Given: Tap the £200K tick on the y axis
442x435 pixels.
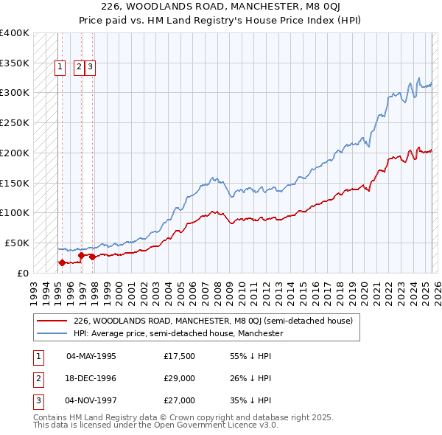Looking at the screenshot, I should pyautogui.click(x=15, y=153).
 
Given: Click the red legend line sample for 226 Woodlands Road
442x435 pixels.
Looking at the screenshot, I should pyautogui.click(x=53, y=321).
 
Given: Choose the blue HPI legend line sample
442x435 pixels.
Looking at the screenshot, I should pyautogui.click(x=53, y=333).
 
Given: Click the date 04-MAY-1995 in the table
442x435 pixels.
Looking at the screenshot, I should pyautogui.click(x=91, y=357).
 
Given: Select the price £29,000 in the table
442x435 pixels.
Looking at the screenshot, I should pyautogui.click(x=180, y=378).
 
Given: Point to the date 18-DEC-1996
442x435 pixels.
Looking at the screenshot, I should pyautogui.click(x=91, y=378).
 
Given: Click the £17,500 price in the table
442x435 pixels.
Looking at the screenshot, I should pyautogui.click(x=180, y=357).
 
